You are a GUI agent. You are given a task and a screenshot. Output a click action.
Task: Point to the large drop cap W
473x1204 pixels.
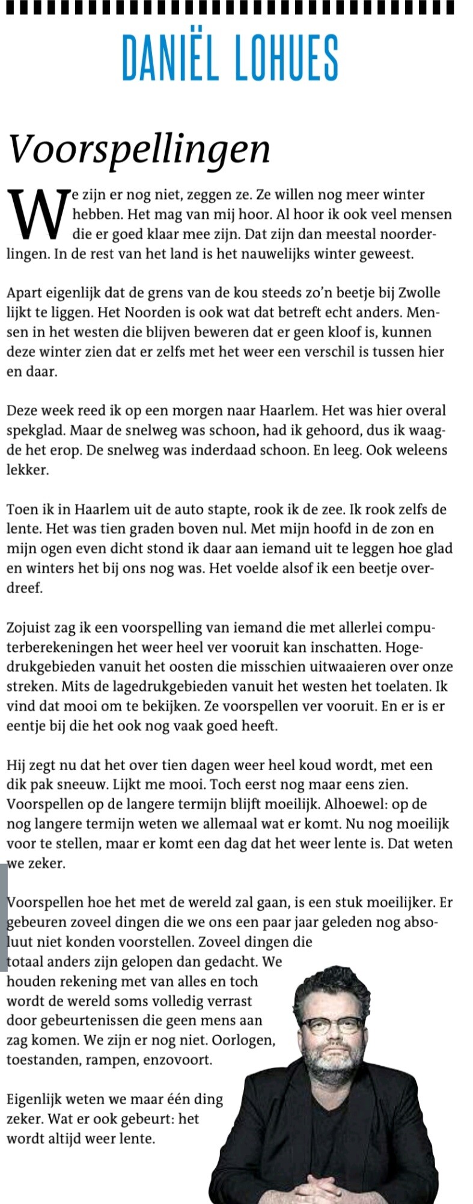coord(37,214)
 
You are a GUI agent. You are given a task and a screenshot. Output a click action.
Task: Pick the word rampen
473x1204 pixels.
coord(111,1059)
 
